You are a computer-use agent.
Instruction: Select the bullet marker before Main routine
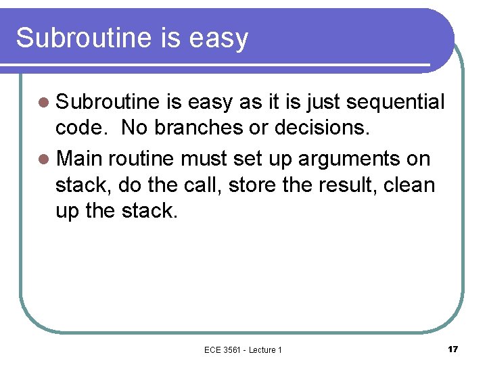click(x=45, y=159)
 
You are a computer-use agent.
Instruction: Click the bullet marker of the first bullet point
click(x=45, y=103)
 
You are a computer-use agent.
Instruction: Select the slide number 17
click(x=453, y=349)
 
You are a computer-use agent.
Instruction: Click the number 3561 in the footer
click(x=233, y=349)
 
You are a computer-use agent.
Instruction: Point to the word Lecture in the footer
click(x=262, y=349)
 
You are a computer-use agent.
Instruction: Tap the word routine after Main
click(x=139, y=158)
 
